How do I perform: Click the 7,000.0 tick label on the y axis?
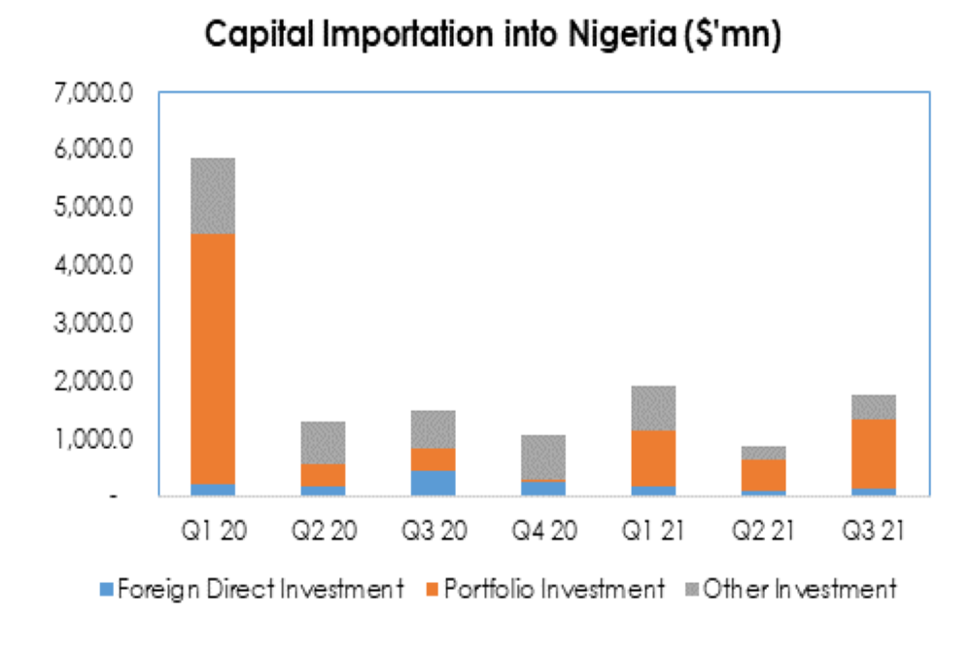tap(94, 94)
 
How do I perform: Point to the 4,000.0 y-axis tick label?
tap(94, 265)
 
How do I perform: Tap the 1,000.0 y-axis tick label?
tap(94, 438)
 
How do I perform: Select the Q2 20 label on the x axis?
tap(321, 531)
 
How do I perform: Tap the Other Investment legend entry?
tap(797, 589)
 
